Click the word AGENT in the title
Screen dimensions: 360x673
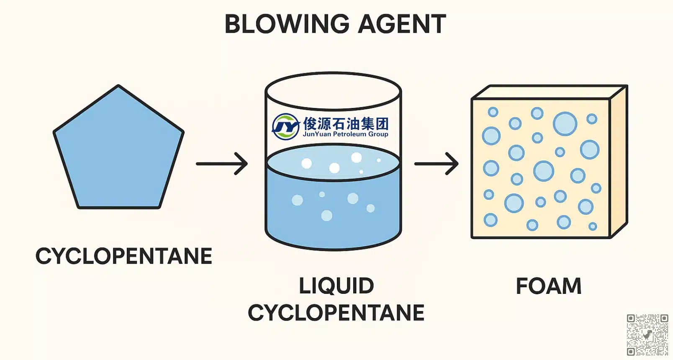402,24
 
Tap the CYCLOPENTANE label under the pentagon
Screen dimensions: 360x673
124,256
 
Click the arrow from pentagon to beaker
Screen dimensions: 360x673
222,164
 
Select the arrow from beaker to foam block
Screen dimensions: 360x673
436,164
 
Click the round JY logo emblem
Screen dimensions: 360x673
285,126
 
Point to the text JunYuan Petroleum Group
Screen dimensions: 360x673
345,134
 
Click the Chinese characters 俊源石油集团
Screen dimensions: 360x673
346,123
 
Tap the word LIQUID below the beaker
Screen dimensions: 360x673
336,286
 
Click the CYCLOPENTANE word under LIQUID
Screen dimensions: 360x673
336,313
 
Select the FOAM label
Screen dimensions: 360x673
548,286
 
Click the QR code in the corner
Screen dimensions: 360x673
647,335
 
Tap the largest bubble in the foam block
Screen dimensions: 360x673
565,124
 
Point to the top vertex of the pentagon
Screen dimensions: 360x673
119,86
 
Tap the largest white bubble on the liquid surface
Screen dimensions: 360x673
356,157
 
